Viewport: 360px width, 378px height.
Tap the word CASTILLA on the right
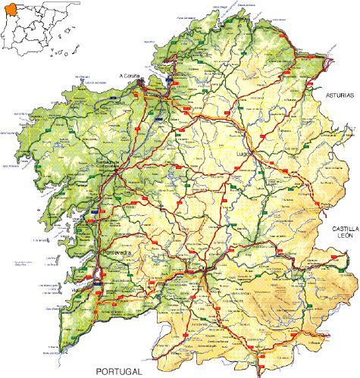pyautogui.click(x=343, y=228)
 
